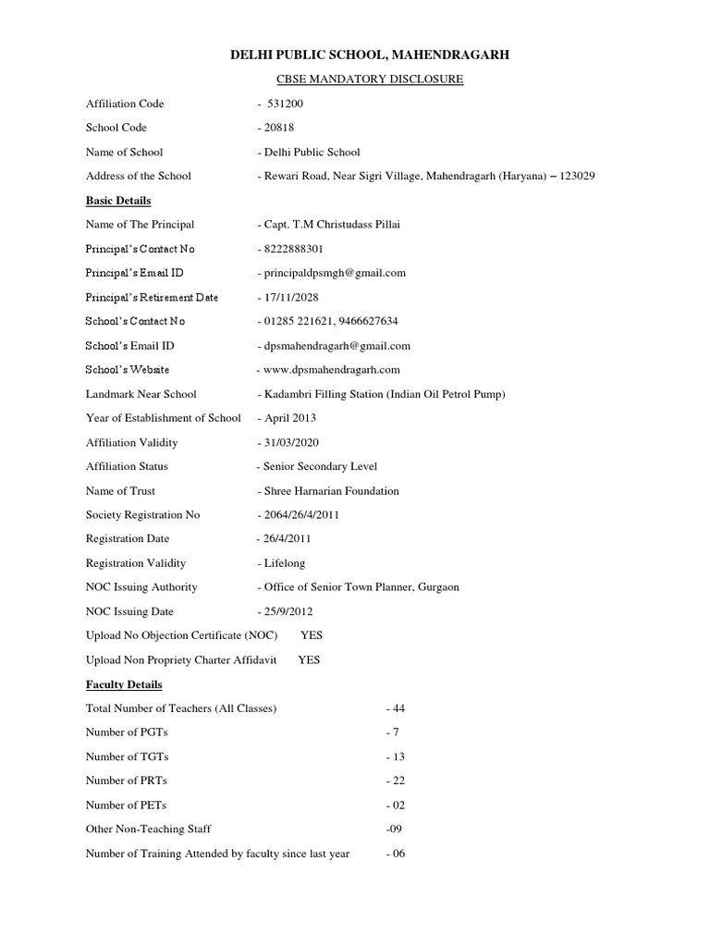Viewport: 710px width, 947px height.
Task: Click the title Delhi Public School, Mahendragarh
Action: click(370, 56)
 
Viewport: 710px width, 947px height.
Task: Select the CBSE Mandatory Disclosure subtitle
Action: click(370, 80)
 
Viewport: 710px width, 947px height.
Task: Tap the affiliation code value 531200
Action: click(285, 104)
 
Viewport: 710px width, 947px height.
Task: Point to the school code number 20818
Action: click(280, 128)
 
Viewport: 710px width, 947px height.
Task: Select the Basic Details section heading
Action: click(118, 201)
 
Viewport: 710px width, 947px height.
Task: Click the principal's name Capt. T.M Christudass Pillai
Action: click(333, 225)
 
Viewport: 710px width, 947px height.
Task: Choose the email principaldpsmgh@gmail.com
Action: click(335, 273)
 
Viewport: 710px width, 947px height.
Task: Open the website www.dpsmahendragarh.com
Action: click(331, 370)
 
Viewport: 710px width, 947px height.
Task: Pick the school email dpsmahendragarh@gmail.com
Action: click(337, 346)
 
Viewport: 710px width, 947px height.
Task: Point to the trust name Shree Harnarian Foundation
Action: click(332, 491)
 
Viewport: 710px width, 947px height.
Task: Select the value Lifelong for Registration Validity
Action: click(285, 563)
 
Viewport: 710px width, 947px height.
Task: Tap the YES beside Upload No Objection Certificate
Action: click(312, 636)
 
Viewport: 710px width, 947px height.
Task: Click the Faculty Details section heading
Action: click(124, 684)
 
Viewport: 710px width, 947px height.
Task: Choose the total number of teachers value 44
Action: click(398, 708)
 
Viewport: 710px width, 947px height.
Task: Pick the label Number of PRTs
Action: click(127, 781)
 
